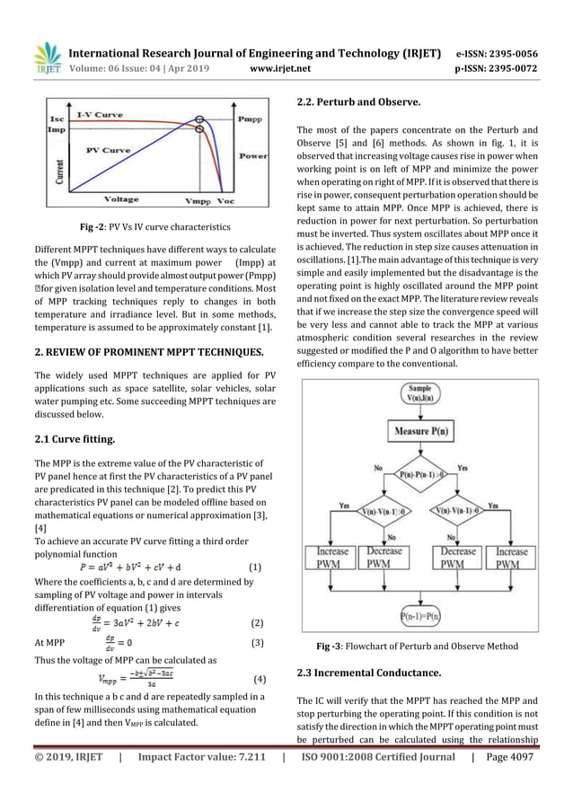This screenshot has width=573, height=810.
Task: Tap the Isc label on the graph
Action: [57, 119]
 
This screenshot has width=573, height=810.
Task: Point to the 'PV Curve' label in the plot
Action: [108, 151]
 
